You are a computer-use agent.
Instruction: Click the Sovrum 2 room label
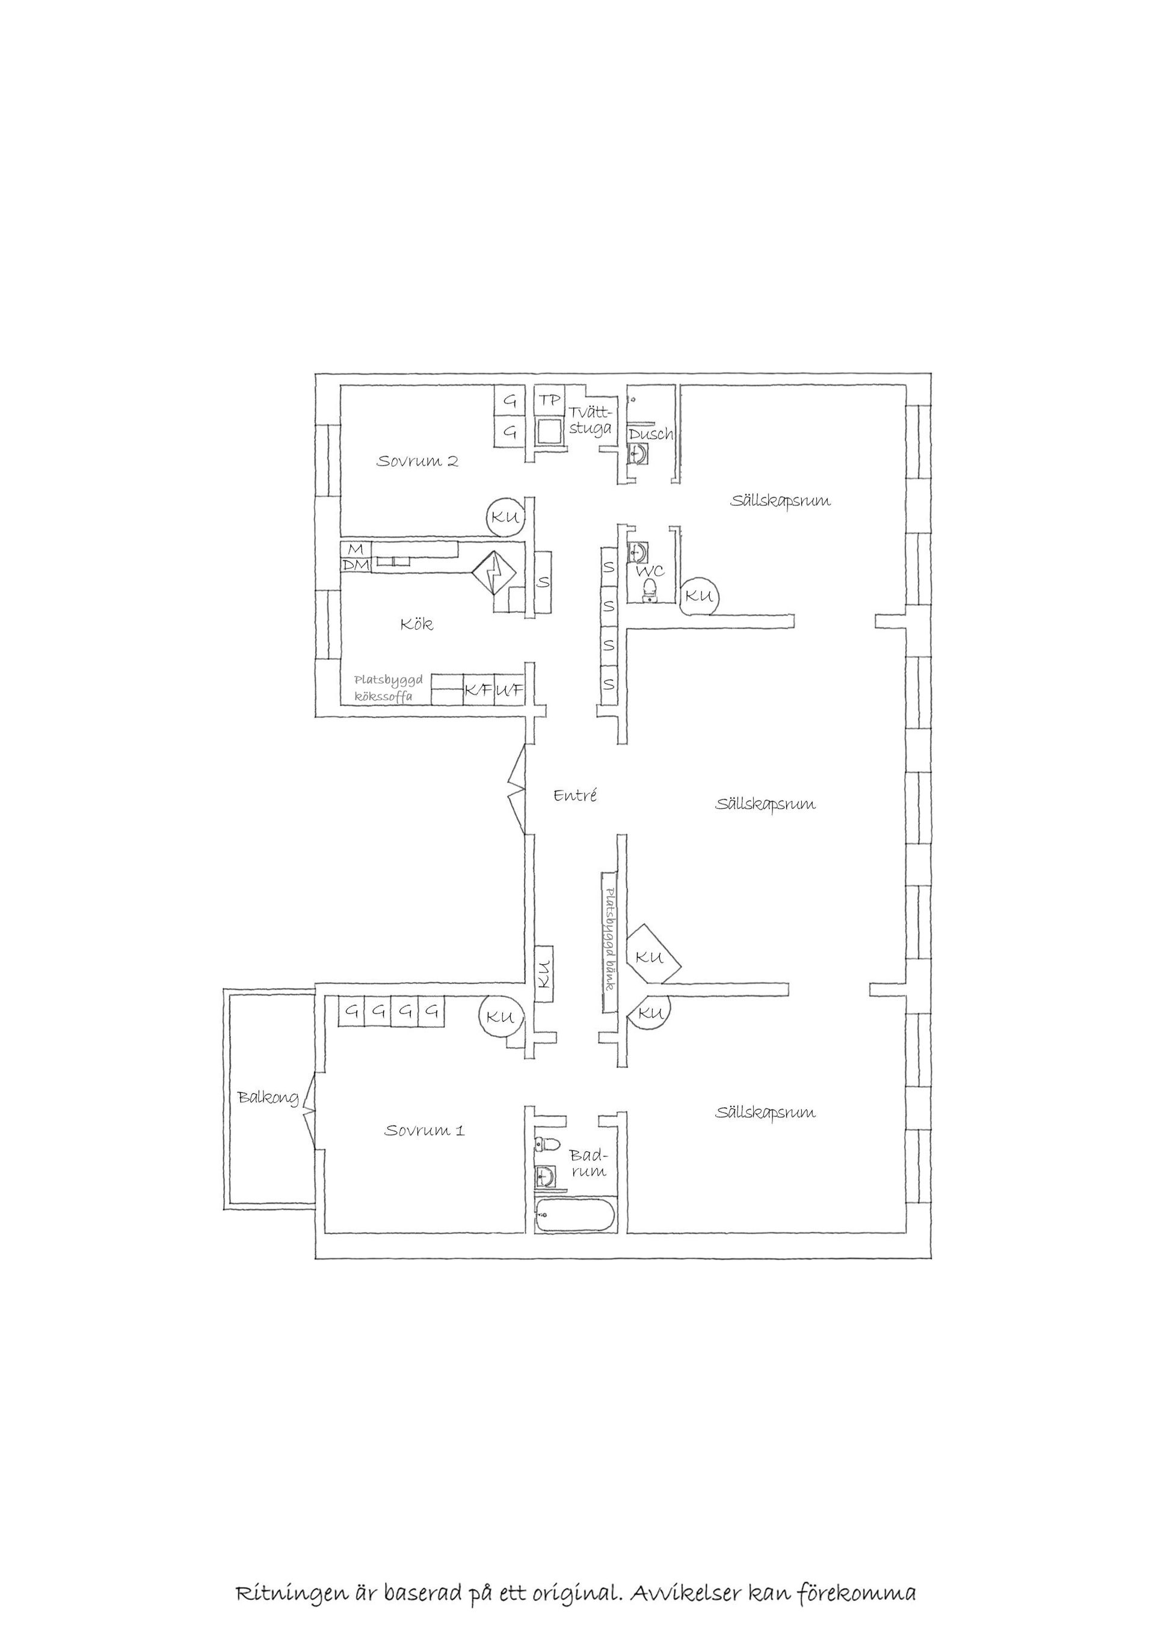[417, 461]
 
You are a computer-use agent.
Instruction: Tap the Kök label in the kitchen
[416, 624]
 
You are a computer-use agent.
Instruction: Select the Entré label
[574, 795]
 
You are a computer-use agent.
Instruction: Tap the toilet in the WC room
[648, 589]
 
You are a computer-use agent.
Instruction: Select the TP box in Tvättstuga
[549, 401]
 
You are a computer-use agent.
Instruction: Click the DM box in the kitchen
[356, 565]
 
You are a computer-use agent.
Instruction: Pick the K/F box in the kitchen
[479, 689]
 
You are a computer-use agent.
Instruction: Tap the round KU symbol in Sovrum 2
[505, 517]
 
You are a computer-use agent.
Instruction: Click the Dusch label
[650, 434]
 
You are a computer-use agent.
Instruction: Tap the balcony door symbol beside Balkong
[309, 1118]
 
